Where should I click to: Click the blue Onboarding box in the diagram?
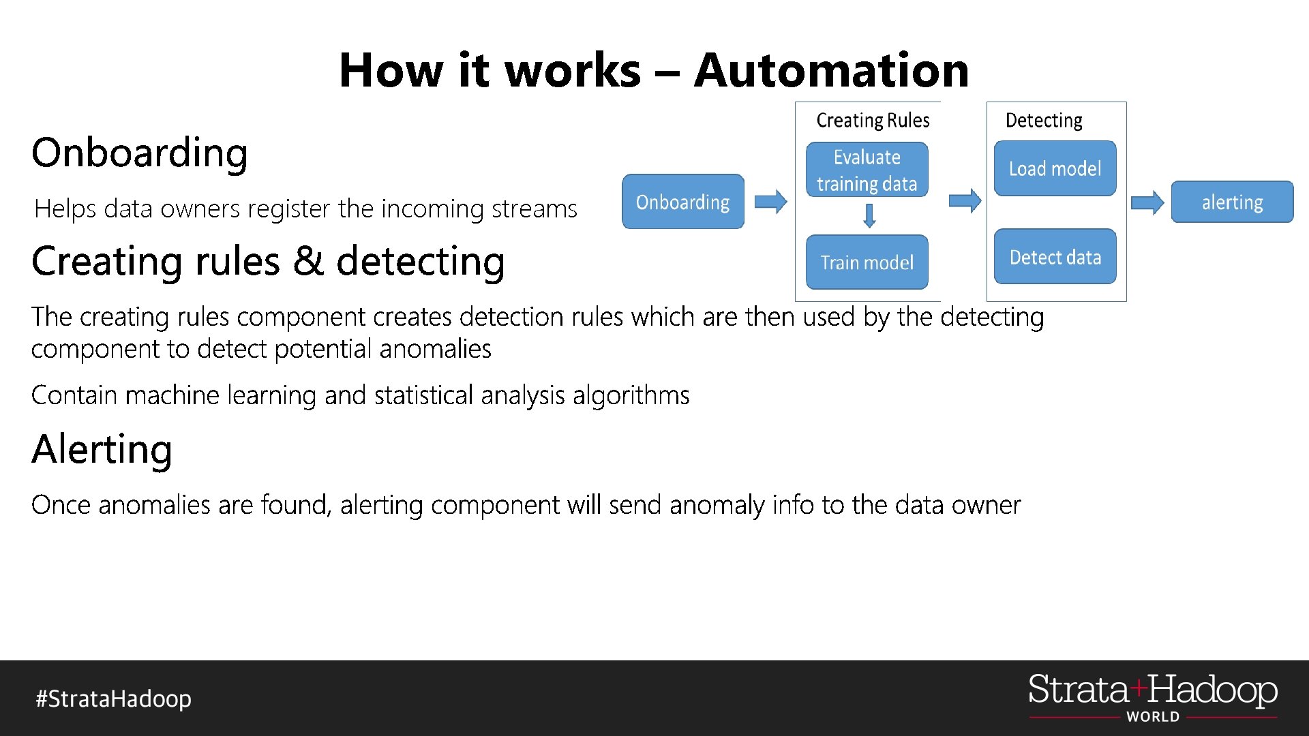coord(682,202)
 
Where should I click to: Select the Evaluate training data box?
coord(867,170)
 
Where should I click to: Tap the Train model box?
coord(867,262)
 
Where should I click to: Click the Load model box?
coord(1055,168)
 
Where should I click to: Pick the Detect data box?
coord(1055,257)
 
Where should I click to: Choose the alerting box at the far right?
coord(1232,202)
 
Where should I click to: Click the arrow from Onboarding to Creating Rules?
coord(771,202)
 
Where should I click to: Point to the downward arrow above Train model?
coord(869,216)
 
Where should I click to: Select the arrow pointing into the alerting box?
coord(1147,202)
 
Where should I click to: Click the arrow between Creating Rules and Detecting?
coord(965,200)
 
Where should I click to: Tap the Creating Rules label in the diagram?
coord(873,121)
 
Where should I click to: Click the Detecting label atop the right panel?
coord(1044,121)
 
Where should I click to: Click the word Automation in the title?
coord(831,70)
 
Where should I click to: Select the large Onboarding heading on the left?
coord(140,153)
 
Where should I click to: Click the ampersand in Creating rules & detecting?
coord(309,261)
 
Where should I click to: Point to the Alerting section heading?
coord(102,450)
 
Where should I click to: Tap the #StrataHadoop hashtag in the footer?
coord(114,699)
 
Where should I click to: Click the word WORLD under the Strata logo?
coord(1152,716)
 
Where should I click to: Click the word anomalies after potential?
coord(435,349)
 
